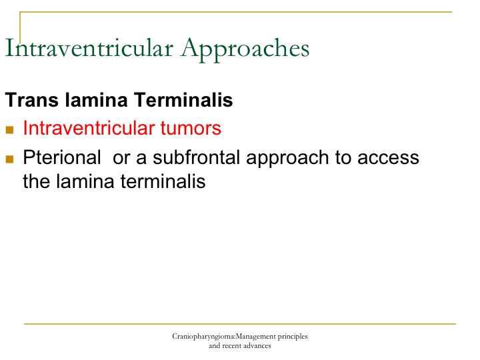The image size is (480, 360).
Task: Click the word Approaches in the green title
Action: (245, 49)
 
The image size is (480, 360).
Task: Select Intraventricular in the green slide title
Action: (89, 48)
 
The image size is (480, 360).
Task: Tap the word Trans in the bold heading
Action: (32, 100)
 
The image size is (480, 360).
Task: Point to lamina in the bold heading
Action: (96, 100)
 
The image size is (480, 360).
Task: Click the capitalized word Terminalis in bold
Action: (183, 100)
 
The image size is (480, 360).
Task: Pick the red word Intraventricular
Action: (89, 127)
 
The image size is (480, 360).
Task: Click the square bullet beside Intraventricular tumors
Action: (9, 130)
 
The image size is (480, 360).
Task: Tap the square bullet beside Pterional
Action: (9, 159)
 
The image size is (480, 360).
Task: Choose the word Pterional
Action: (62, 157)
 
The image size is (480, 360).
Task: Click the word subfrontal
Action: (196, 157)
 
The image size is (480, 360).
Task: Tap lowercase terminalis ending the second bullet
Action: (163, 181)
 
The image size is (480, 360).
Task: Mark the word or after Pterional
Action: (121, 159)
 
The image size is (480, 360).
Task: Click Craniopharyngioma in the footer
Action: (203, 337)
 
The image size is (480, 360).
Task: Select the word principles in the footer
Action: (293, 337)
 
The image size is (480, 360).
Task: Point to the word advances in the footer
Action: (257, 346)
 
